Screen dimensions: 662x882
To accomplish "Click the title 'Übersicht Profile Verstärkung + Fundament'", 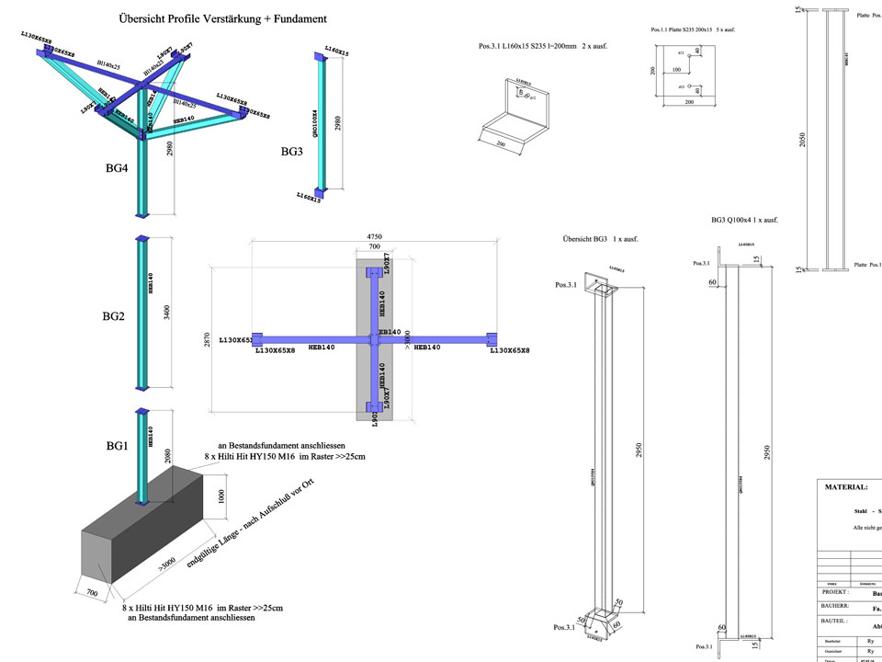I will pyautogui.click(x=222, y=18).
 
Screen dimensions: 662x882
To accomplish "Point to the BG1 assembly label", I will pyautogui.click(x=117, y=445).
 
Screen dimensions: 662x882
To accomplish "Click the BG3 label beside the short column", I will pyautogui.click(x=292, y=151).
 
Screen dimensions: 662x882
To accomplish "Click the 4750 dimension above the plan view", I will pyautogui.click(x=373, y=235).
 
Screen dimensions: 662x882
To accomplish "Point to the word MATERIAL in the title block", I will pyautogui.click(x=846, y=487).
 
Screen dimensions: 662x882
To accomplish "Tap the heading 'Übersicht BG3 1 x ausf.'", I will pyautogui.click(x=601, y=239).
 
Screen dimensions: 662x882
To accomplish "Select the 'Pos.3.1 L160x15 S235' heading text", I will pyautogui.click(x=543, y=46).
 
